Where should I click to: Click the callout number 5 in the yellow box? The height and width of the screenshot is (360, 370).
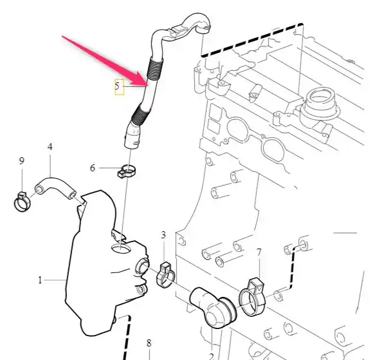[x=117, y=86]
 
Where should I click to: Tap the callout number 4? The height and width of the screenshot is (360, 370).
[x=50, y=147]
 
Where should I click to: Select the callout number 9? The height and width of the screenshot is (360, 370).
[x=21, y=161]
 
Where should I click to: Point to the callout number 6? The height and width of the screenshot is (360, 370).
[x=93, y=168]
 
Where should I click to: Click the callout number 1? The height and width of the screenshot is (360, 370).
[x=40, y=280]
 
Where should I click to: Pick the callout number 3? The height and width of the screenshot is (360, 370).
[x=163, y=235]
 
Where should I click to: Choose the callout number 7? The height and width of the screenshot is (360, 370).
[x=259, y=252]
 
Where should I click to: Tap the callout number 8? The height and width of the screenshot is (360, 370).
[x=149, y=343]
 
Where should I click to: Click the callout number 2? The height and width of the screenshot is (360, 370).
[x=211, y=356]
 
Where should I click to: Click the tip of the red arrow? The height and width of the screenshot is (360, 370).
[x=148, y=84]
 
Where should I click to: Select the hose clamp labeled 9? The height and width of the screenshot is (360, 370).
[x=22, y=202]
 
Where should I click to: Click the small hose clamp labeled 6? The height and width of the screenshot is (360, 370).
[x=126, y=172]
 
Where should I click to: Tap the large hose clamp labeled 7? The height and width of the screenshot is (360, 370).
[x=252, y=297]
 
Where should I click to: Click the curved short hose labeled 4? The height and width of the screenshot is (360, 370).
[x=55, y=185]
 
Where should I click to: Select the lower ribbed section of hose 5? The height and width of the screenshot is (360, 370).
[x=140, y=115]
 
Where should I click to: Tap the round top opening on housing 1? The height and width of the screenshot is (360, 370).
[x=120, y=249]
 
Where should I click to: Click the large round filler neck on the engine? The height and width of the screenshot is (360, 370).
[x=321, y=104]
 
